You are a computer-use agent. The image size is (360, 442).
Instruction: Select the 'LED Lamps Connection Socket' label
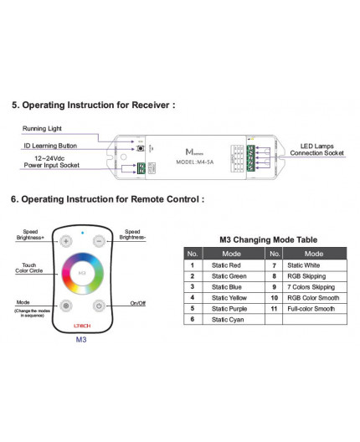click(321, 149)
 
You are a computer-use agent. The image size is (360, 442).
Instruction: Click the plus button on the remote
click(66, 241)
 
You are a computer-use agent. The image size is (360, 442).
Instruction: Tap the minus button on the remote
click(98, 241)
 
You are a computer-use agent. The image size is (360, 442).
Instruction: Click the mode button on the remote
click(66, 306)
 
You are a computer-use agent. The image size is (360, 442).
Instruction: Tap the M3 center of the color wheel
click(82, 273)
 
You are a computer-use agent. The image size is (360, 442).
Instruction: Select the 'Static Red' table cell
click(228, 265)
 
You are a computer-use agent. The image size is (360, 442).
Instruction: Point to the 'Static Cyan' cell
click(229, 319)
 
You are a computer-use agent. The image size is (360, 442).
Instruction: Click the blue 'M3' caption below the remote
click(82, 340)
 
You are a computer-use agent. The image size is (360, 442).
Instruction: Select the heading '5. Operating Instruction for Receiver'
click(93, 106)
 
